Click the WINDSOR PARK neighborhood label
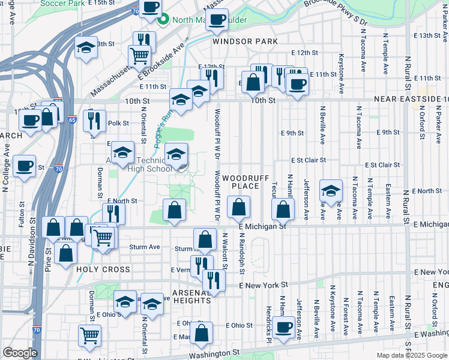click(x=245, y=41)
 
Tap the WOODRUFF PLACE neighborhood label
click(x=241, y=182)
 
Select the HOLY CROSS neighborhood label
click(x=99, y=270)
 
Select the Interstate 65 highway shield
click(x=71, y=119)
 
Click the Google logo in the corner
click(x=20, y=353)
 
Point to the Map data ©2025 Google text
click(x=411, y=355)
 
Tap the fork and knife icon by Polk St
click(x=94, y=121)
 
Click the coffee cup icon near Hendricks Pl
click(x=285, y=327)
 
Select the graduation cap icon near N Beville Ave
click(x=330, y=190)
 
